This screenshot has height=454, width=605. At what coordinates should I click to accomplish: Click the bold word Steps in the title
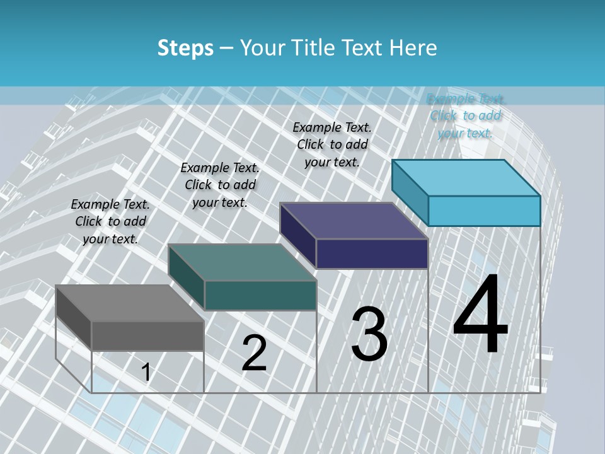tap(185, 48)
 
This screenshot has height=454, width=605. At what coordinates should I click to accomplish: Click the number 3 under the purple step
tap(369, 334)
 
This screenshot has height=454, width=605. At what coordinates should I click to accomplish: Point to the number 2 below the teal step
tap(254, 353)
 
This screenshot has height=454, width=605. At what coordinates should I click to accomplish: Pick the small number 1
tap(146, 373)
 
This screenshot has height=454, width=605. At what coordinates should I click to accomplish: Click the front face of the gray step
tap(148, 335)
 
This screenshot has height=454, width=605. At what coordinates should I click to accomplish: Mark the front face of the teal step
tap(260, 295)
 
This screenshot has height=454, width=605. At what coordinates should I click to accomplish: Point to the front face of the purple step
tap(372, 253)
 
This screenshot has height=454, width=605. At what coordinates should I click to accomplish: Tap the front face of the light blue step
tap(484, 211)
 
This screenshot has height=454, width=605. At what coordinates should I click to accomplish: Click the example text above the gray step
tap(110, 221)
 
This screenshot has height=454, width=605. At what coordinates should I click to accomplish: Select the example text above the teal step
tap(220, 185)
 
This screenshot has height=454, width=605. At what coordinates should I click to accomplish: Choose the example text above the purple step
tap(332, 144)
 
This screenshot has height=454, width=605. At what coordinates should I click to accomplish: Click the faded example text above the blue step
tap(466, 115)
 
